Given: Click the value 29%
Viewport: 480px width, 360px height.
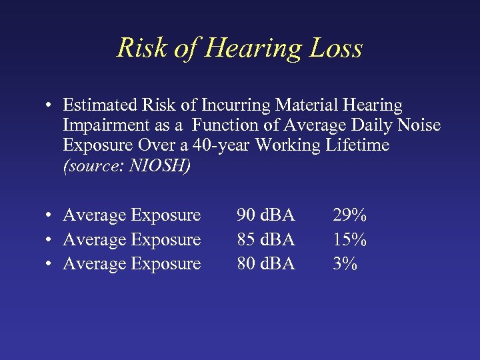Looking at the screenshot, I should point(350,215).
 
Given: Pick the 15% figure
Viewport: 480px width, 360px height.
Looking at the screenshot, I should point(350,239).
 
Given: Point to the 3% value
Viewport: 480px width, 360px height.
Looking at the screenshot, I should point(345,264).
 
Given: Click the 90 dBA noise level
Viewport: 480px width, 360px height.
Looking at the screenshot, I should point(266,215).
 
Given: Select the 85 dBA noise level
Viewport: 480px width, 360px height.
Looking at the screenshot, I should point(266,239).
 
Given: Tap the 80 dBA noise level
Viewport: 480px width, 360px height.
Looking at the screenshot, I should point(266,264).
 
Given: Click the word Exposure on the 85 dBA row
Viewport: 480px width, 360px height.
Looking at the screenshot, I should point(166,239).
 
